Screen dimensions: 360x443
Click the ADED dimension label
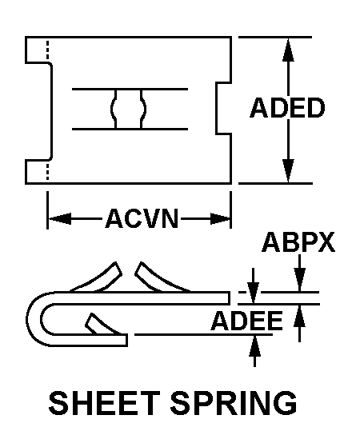(288, 108)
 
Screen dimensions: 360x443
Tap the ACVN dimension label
(142, 218)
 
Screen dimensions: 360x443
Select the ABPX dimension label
(298, 242)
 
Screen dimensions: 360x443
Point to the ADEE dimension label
(246, 321)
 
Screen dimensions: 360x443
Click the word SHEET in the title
(104, 402)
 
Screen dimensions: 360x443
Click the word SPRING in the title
(234, 402)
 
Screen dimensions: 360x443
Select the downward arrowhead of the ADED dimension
(288, 171)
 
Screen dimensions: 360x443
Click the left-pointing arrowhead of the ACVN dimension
(60, 219)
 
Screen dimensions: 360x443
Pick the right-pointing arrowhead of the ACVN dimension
(220, 219)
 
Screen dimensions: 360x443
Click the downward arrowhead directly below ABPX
(299, 280)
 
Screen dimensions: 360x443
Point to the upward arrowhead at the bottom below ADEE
(255, 347)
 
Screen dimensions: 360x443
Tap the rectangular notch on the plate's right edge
(224, 108)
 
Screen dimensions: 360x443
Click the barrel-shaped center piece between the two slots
(128, 109)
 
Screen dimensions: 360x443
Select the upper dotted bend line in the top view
(47, 50)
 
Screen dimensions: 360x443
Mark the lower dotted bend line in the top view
(47, 170)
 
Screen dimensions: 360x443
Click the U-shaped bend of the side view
(34, 319)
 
